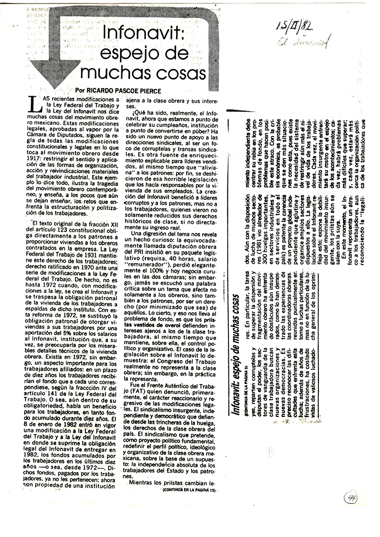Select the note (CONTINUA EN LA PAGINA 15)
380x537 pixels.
coord(189,490)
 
